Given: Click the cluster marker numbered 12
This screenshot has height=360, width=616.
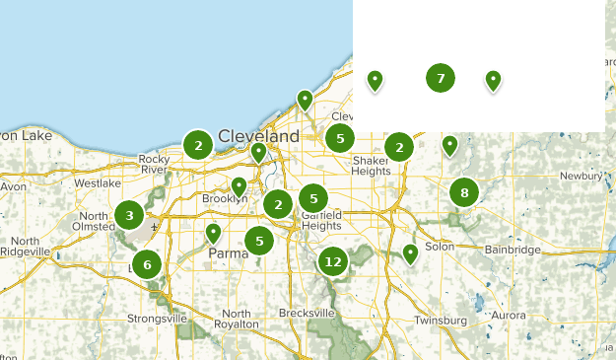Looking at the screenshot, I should (x=333, y=261).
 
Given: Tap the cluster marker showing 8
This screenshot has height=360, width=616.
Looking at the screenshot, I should (x=464, y=192).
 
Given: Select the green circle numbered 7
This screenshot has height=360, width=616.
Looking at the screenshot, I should (x=441, y=78).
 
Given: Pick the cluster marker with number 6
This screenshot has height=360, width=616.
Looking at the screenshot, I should (x=147, y=264).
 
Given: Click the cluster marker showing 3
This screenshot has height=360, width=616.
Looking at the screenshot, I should (x=129, y=214).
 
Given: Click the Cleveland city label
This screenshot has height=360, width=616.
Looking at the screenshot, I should (x=258, y=135).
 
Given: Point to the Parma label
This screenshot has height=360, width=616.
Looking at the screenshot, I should (x=228, y=253).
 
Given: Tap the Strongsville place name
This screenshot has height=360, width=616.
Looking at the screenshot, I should (x=157, y=319).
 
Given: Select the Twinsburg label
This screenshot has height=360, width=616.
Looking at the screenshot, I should (x=441, y=321).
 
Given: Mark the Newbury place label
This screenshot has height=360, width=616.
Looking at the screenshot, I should (x=581, y=176).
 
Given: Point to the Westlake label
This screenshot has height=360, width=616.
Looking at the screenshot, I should (x=97, y=182).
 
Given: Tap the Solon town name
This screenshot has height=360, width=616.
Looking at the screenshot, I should (x=439, y=247).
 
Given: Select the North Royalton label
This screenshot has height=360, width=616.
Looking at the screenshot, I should (x=237, y=319).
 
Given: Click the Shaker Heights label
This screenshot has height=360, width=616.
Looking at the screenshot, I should (x=372, y=166).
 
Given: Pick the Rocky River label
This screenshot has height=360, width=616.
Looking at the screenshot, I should (x=155, y=164).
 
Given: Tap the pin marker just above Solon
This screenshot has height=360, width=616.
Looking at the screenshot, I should (x=411, y=252).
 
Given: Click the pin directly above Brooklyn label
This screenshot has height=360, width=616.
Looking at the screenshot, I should (x=239, y=184).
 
